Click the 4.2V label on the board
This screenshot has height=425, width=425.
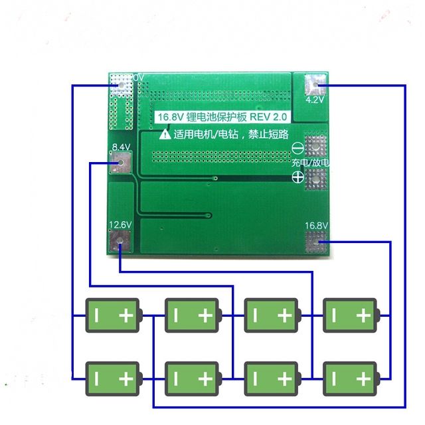pos(315,100)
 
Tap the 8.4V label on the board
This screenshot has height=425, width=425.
pos(121,147)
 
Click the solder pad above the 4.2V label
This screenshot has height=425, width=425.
pos(315,85)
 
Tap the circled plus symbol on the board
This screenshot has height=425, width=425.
pos(298,177)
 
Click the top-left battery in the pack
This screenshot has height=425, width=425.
pos(113,315)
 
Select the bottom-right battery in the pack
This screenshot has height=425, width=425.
pos(350,379)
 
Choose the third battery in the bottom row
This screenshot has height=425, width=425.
pos(271,379)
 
